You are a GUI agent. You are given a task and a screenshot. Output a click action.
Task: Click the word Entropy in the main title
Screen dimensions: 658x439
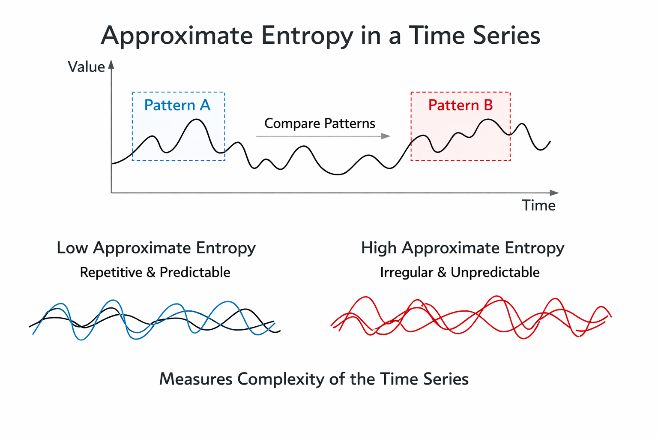click(x=307, y=36)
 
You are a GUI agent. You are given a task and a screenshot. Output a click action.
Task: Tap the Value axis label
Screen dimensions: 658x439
click(x=87, y=67)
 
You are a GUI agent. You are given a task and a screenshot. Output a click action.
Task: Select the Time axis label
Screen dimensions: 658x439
click(x=539, y=205)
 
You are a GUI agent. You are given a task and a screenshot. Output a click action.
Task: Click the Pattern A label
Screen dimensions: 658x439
click(x=177, y=105)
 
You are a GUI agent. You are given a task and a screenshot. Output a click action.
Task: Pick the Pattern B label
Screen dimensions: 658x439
click(x=461, y=105)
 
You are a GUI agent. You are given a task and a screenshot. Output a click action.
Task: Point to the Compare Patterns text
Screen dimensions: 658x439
click(x=320, y=123)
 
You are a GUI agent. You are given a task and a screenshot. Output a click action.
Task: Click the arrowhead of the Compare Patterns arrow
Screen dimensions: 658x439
click(x=386, y=136)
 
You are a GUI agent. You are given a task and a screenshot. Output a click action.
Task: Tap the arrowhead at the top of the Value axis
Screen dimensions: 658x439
click(x=111, y=64)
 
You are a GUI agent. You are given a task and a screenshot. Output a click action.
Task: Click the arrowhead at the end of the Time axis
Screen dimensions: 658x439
click(x=554, y=193)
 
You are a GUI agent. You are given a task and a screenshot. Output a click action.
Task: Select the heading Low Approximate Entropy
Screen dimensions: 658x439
click(x=156, y=248)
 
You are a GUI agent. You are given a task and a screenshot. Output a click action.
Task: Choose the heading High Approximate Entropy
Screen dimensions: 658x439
click(x=463, y=248)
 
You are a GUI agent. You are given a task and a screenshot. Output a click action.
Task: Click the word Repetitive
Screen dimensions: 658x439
click(x=111, y=272)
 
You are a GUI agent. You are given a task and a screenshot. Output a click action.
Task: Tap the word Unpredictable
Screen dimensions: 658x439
click(x=495, y=272)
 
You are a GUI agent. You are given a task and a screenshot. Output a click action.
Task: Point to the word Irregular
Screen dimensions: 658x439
click(x=407, y=272)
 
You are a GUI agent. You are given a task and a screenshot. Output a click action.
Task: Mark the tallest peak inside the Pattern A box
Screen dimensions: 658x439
click(x=196, y=119)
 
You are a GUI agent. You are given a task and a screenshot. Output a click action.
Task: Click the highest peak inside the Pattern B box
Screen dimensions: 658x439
click(x=488, y=119)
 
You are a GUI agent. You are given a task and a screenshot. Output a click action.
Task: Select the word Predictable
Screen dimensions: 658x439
click(x=195, y=272)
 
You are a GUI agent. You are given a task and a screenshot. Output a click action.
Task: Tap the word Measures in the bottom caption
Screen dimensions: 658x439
click(x=196, y=379)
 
